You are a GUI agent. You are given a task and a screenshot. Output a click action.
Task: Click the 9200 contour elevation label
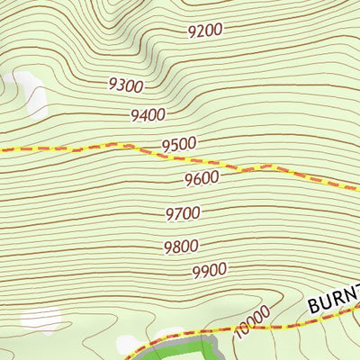point(205,31)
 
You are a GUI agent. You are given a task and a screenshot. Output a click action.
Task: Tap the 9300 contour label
point(125,85)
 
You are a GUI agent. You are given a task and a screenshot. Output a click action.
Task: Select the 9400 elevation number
point(148,114)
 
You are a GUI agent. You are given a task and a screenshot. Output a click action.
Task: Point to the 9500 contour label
point(178,144)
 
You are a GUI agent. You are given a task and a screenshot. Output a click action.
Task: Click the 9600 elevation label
point(202,177)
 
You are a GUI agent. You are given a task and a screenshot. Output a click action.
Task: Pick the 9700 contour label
point(183,213)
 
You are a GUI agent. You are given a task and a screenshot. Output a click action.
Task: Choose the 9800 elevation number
point(181,247)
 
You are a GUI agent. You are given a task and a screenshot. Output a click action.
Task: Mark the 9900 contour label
point(210,269)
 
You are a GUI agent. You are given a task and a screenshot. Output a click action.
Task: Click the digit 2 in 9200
point(199,31)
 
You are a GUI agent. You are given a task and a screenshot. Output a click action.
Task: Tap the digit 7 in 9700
point(178,214)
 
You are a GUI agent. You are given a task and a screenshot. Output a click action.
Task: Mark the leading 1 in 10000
point(238,335)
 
